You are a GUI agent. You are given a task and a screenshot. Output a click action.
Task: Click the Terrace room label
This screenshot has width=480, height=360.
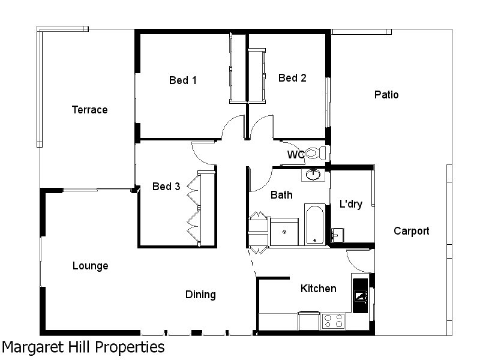click(89, 110)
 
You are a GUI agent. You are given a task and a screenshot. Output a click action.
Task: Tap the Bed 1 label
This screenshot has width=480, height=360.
click(183, 80)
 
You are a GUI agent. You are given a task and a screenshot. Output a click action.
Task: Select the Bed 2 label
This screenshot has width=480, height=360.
click(292, 78)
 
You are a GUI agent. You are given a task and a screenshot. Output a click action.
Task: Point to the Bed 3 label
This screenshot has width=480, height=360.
click(166, 187)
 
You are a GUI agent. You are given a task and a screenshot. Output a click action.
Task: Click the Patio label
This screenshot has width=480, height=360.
click(386, 95)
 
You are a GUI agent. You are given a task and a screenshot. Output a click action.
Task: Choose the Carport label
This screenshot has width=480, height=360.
click(412, 231)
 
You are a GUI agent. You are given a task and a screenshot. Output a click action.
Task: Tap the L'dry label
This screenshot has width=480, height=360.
click(351, 204)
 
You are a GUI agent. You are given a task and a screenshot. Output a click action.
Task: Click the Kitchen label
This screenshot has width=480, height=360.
click(318, 289)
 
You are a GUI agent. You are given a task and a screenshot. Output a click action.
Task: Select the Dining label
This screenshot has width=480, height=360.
click(200, 295)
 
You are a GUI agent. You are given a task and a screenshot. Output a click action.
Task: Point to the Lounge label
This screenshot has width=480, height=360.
click(90, 266)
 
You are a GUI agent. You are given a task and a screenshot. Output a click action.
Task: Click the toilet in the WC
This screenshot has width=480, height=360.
click(314, 153)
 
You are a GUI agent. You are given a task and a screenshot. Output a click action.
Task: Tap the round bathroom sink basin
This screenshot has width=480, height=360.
click(313, 175)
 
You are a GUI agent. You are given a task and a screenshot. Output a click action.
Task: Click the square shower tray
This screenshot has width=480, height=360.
click(284, 232)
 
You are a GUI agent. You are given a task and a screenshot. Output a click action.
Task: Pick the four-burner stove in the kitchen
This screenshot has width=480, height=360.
click(332, 321)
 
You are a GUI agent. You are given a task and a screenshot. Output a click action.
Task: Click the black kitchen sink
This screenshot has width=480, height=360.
click(361, 295)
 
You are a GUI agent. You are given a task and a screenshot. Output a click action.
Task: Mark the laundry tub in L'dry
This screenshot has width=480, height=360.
click(337, 234)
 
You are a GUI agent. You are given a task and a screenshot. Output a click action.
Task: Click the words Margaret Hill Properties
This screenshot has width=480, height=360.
click(83, 347)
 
